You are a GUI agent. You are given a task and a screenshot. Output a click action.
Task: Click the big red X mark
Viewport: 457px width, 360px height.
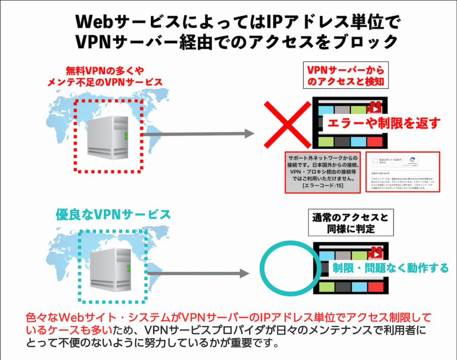click(x=287, y=126)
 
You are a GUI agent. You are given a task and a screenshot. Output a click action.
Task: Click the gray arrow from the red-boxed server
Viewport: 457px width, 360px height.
click(x=196, y=133)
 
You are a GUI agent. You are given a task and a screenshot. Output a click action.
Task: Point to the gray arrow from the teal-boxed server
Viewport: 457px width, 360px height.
click(x=196, y=273)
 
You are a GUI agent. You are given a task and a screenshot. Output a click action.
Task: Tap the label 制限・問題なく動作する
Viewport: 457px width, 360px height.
click(x=391, y=268)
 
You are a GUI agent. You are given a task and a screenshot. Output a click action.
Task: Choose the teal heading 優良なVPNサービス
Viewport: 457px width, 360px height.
click(x=113, y=214)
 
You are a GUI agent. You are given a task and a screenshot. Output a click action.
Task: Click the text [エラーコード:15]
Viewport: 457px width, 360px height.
click(x=323, y=185)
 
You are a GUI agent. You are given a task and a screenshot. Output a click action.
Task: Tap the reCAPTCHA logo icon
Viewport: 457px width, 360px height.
click(x=412, y=160)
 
